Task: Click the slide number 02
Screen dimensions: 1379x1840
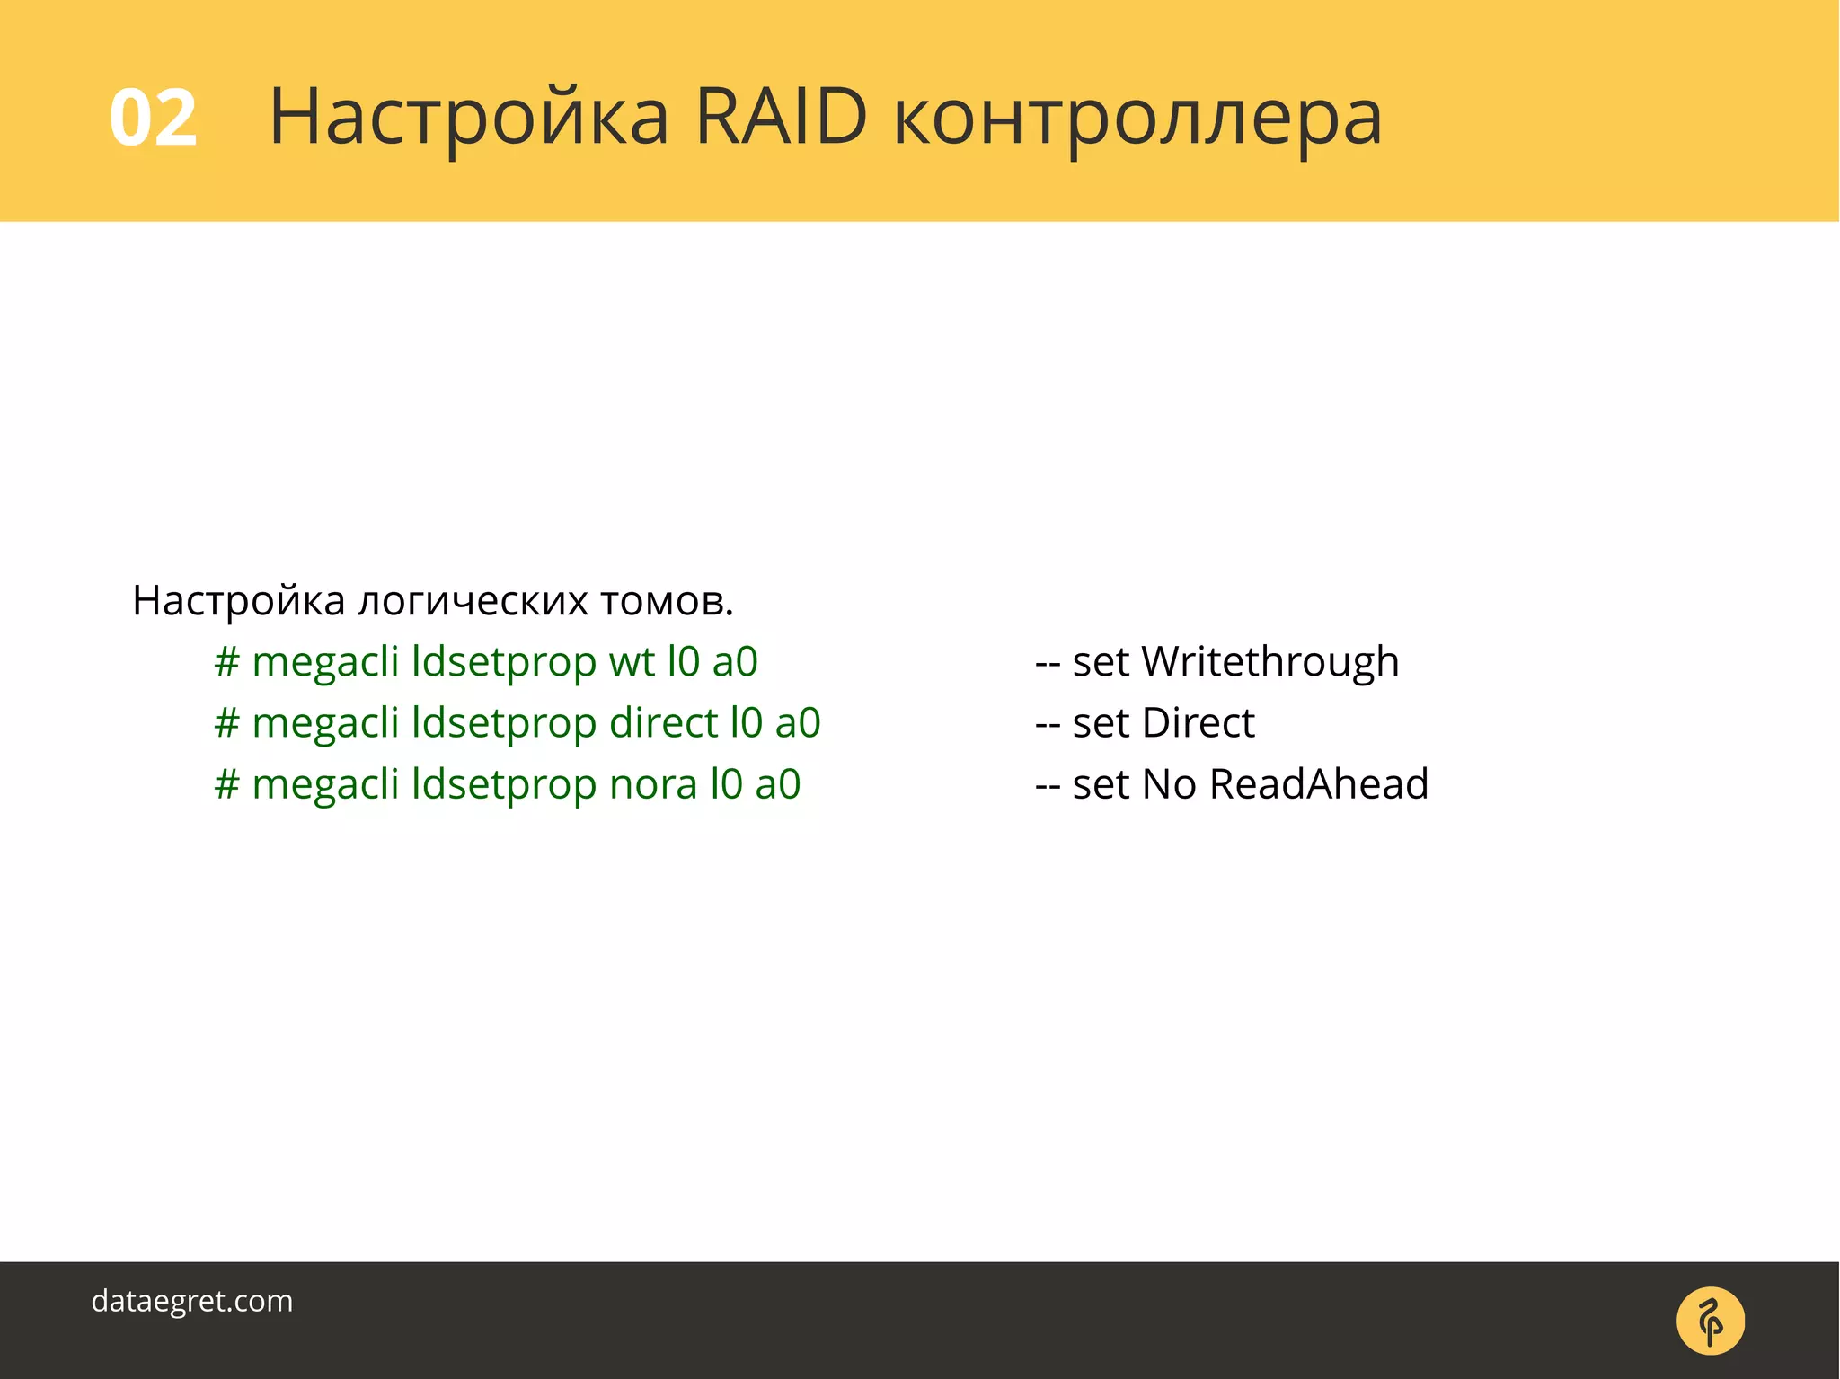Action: click(153, 118)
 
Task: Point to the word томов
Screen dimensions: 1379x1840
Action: click(666, 601)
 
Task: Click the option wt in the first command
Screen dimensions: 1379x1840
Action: click(632, 662)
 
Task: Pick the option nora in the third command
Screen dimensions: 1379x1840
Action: click(653, 784)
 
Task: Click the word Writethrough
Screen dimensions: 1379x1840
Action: click(1269, 662)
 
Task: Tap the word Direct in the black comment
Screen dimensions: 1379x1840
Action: click(1198, 723)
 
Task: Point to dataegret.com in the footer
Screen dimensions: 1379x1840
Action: click(192, 1301)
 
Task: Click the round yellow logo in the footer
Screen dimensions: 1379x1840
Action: click(1710, 1321)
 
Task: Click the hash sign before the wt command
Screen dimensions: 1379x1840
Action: click(226, 662)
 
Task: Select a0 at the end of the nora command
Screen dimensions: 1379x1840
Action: click(777, 784)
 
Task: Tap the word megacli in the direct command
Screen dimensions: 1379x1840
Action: click(325, 723)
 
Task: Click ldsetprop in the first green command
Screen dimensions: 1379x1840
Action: click(503, 662)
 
